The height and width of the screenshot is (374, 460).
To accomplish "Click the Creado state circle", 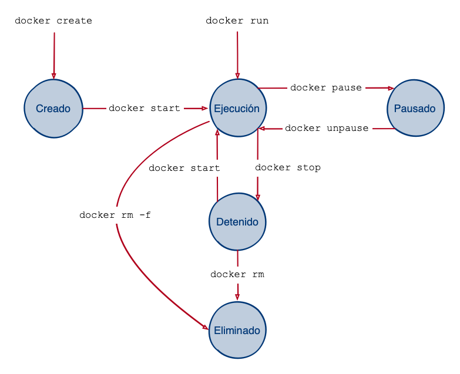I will tap(53, 109).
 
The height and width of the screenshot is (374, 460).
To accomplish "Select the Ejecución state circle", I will tap(237, 109).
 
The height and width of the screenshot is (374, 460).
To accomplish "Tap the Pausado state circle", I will tap(415, 109).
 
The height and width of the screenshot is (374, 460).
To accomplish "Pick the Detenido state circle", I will tap(237, 222).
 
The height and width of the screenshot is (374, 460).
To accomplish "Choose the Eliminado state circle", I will tap(237, 331).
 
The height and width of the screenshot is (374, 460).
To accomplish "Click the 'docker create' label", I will tap(53, 21).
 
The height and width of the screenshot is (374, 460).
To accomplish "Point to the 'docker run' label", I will tap(237, 21).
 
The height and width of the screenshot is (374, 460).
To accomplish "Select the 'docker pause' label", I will tap(325, 88).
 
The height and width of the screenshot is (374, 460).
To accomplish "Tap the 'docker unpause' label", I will tap(327, 129).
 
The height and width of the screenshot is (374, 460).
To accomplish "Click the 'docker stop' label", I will tap(288, 168).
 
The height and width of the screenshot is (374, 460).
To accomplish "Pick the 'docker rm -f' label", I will tap(115, 215).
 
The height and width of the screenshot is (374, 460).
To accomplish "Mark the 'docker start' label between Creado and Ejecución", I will tap(145, 109).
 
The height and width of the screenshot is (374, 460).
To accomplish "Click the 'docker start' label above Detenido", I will tap(184, 169).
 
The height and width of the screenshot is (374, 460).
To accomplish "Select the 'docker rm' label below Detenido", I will tap(237, 275).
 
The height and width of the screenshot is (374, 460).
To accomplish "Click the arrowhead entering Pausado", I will tap(390, 88).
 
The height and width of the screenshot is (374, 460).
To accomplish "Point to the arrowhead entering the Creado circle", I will tap(53, 76).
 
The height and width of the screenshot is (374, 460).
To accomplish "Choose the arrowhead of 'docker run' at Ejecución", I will tap(237, 76).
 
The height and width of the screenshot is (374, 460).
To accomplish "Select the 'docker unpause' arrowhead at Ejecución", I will tap(262, 129).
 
